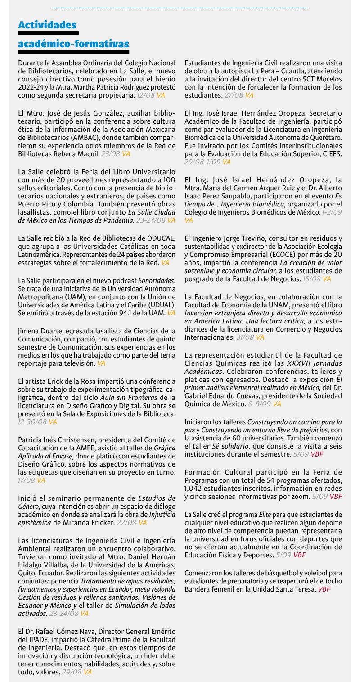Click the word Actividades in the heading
tap(47, 25)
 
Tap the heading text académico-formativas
tap(73, 44)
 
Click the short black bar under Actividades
tap(49, 33)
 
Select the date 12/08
tap(146, 96)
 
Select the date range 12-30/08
tap(32, 422)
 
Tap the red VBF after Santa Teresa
tap(324, 589)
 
